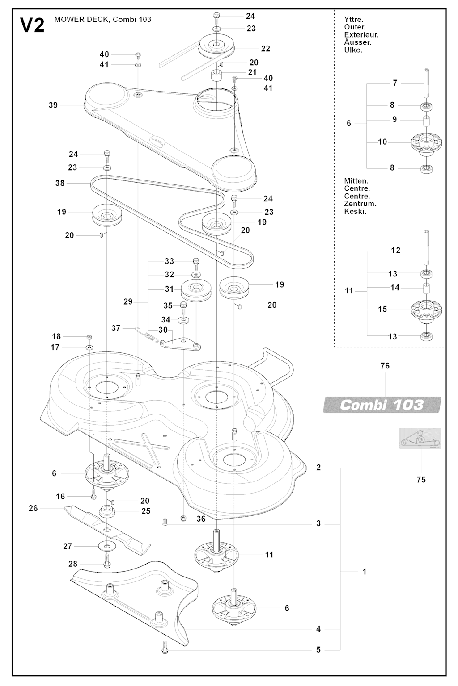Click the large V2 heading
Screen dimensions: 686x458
[x=33, y=26]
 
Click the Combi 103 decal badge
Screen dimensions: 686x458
[x=382, y=405]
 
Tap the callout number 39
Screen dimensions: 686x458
[x=53, y=105]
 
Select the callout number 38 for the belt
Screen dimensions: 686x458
[x=59, y=183]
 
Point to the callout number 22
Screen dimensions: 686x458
[x=266, y=49]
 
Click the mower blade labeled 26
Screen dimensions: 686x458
[x=107, y=528]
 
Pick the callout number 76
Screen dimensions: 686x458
[x=385, y=366]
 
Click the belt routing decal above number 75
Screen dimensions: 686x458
[x=420, y=439]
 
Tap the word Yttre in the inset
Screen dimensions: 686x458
[x=353, y=20]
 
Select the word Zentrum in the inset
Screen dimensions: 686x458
[x=360, y=204]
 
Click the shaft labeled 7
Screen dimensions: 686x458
[x=425, y=83]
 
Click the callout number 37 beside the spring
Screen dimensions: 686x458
[x=116, y=328]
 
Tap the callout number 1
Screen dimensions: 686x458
[x=365, y=572]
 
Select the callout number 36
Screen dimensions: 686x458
[x=201, y=519]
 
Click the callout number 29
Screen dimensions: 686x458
[x=128, y=302]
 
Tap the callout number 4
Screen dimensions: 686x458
[x=318, y=629]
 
